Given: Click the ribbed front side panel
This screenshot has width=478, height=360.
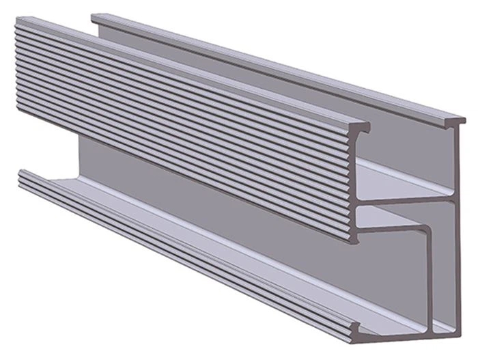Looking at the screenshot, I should point(184,123).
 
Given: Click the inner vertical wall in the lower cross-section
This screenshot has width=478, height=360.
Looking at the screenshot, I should point(430,280).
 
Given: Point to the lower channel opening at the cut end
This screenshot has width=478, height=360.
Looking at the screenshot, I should point(396,280).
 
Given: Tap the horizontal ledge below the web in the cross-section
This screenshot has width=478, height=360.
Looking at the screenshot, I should point(396,229).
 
